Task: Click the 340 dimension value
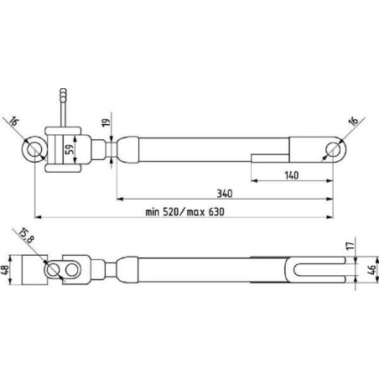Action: pos(225,194)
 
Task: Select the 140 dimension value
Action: pos(292,175)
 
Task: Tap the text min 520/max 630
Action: pos(184,212)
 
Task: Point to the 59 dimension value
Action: pos(71,148)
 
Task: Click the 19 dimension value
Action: pos(106,122)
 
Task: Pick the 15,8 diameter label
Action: pos(26,236)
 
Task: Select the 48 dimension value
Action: pos(5,270)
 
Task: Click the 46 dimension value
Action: pos(372,270)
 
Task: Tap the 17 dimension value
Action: pos(350,246)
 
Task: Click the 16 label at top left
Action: pos(13,122)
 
